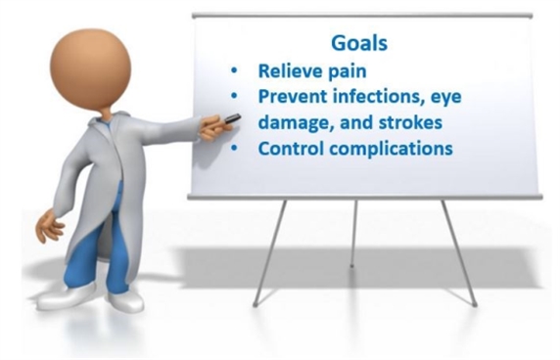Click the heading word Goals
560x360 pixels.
click(x=359, y=43)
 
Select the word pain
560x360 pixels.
click(x=348, y=72)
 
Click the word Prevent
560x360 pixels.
click(x=293, y=96)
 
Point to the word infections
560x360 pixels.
click(x=379, y=97)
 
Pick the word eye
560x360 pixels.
click(x=446, y=98)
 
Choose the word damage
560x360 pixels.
click(x=296, y=123)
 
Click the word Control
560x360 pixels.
click(x=291, y=148)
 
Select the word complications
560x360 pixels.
click(x=391, y=149)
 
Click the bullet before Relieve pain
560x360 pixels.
click(x=234, y=70)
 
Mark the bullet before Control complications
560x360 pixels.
click(x=234, y=148)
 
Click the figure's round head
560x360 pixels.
click(x=90, y=69)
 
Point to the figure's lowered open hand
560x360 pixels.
click(x=49, y=227)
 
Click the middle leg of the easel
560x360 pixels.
click(x=353, y=234)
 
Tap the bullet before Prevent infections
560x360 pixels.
click(x=234, y=96)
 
